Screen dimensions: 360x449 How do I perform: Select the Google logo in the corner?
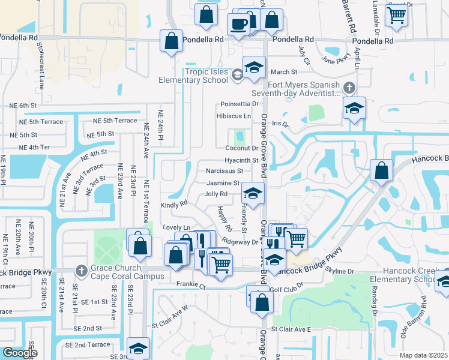(x=20, y=353)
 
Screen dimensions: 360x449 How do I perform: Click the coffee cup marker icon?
(x=238, y=25)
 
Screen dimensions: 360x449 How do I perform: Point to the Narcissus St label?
(x=224, y=172)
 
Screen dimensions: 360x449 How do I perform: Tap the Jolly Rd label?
(x=215, y=194)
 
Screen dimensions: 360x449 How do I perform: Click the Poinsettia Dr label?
(x=238, y=103)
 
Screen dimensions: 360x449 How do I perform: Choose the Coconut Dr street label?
(x=241, y=148)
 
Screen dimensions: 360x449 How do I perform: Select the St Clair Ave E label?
(x=291, y=329)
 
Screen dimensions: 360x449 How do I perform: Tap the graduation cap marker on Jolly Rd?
(x=253, y=193)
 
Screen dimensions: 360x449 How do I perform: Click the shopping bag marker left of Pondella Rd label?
(x=171, y=41)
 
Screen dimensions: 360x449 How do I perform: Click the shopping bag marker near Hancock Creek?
(x=381, y=170)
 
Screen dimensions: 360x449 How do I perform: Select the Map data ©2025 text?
(x=423, y=355)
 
